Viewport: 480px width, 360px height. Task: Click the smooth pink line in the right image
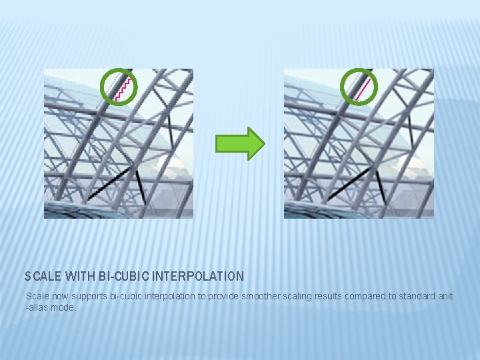coord(363,89)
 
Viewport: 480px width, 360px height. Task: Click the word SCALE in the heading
coord(42,276)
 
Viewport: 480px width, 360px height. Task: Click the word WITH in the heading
coord(79,276)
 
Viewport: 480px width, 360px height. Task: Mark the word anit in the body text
coord(445,296)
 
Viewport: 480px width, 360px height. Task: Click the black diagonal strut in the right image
coord(348,183)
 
